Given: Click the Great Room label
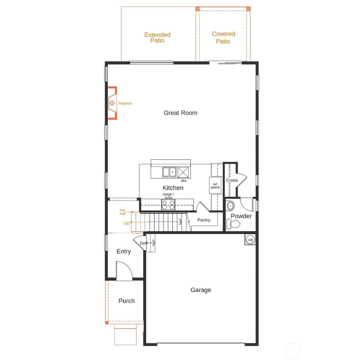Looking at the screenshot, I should click(180, 113).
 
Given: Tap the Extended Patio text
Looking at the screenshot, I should click(157, 38).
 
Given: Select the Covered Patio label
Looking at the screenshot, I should click(223, 38).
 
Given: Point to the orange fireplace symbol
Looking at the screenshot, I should click(112, 103).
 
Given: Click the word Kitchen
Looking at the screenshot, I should click(173, 188).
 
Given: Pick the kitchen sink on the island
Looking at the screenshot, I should click(169, 172).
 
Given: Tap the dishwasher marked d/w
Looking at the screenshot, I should click(183, 173).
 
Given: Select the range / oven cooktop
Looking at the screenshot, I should click(168, 205).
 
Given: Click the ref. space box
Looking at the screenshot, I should click(215, 186).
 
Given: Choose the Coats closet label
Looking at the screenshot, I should click(232, 180).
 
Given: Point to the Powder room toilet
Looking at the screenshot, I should click(234, 224).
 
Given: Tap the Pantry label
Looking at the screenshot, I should click(204, 220).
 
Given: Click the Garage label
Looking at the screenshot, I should click(201, 290).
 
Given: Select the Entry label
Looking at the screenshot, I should click(123, 251).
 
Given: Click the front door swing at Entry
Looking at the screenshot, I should click(124, 271).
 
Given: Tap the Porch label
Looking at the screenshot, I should click(126, 301).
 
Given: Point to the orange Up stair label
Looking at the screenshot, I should click(126, 223).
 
